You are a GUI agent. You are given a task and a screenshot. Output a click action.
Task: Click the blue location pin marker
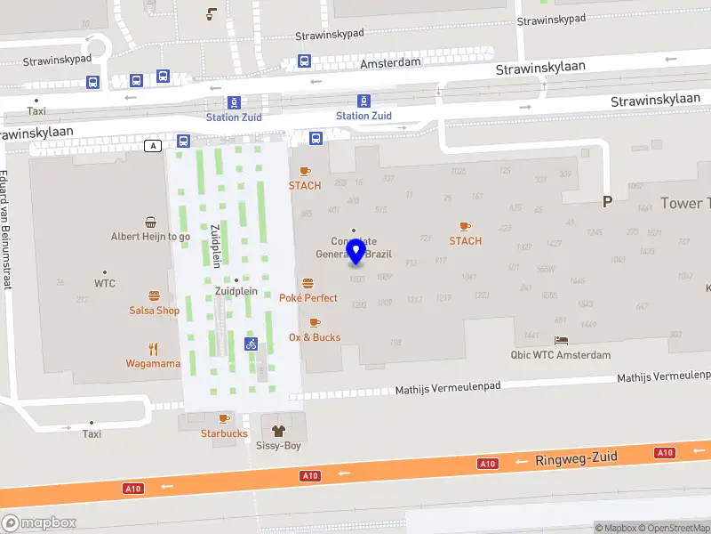356,252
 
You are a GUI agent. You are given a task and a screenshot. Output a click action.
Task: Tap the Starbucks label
224,433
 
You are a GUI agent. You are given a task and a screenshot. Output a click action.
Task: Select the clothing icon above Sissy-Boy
278,430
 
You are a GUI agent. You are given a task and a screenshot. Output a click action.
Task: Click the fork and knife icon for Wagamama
153,349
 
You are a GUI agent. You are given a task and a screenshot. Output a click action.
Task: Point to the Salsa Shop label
154,311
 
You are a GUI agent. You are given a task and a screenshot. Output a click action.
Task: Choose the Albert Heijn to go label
150,237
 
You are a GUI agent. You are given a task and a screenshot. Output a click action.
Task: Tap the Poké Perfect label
308,297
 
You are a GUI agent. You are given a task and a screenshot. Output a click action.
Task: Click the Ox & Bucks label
315,337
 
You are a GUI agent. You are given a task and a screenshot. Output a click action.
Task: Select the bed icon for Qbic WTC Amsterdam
561,340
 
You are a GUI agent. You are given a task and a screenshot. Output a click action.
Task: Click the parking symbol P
608,202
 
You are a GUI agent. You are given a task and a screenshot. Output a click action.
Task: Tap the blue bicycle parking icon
251,344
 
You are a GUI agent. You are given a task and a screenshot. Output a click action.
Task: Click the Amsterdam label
390,65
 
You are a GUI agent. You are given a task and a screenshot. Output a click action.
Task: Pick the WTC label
105,283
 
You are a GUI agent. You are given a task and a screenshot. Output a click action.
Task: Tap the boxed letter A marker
154,145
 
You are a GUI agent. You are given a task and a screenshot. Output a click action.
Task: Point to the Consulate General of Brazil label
354,247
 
